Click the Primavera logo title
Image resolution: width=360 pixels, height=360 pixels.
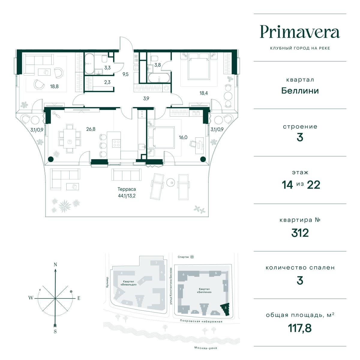(x=300, y=32)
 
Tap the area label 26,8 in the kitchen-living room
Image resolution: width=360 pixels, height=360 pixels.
(x=91, y=129)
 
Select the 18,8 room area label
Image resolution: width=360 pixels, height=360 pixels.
(x=54, y=86)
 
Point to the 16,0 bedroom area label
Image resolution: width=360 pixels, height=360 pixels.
(x=183, y=137)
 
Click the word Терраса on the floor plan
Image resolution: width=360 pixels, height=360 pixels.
(x=127, y=189)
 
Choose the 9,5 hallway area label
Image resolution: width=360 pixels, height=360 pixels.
(x=125, y=74)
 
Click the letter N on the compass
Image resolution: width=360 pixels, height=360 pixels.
(x=55, y=264)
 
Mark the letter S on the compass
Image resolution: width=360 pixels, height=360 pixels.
(x=55, y=331)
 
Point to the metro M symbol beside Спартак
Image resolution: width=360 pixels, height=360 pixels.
(x=192, y=257)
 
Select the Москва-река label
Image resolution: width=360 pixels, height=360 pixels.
(x=206, y=348)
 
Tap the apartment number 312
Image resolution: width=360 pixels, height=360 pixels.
(x=300, y=233)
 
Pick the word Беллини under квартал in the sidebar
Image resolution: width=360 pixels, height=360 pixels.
(x=300, y=91)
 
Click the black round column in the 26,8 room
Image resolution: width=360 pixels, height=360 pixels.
(x=51, y=159)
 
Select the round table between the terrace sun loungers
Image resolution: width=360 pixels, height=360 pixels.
(x=170, y=182)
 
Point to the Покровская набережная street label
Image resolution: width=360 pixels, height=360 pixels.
(x=201, y=321)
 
